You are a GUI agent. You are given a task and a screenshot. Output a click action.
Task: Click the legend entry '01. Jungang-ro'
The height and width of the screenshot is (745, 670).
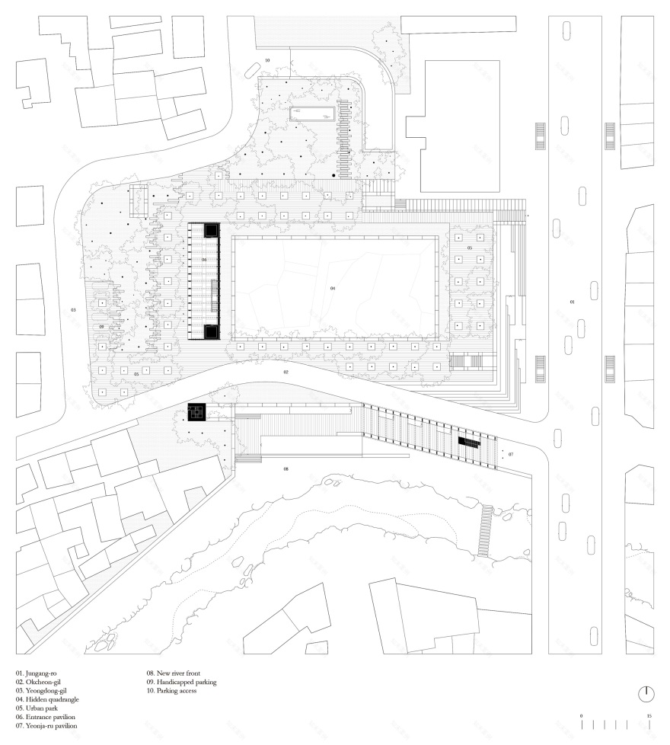point(36,673)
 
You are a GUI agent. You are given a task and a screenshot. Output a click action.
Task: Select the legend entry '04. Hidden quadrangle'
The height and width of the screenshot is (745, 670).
point(46,699)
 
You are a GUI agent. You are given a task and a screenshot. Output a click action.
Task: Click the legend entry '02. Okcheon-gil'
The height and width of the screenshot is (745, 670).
point(37,683)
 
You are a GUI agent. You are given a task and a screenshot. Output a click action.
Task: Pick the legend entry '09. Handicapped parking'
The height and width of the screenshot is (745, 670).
point(182,683)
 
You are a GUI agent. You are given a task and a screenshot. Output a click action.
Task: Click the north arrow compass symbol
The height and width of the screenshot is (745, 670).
point(646,693)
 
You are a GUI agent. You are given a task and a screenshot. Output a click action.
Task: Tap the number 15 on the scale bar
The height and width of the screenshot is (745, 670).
point(649,716)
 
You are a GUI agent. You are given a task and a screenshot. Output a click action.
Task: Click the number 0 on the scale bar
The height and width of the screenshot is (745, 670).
point(581,716)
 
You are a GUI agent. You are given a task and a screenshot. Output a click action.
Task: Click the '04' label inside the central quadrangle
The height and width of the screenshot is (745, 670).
point(333,289)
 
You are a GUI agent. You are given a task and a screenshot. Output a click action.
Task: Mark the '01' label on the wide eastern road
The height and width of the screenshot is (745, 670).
point(573,302)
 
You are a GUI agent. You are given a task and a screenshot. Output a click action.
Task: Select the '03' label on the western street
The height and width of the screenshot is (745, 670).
point(73,310)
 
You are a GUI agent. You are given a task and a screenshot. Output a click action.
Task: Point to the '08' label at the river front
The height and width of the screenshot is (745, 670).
point(286,468)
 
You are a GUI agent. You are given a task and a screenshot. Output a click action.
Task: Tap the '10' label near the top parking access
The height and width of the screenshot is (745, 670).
point(266,59)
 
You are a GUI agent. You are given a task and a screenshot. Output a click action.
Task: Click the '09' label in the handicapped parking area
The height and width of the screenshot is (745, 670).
point(100,326)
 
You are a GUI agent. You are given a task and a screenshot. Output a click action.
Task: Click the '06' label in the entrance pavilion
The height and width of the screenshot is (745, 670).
point(204,260)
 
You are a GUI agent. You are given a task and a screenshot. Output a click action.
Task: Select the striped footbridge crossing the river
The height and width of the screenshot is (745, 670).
point(483,530)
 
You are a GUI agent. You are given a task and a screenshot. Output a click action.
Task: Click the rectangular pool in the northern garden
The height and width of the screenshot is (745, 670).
point(311,115)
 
